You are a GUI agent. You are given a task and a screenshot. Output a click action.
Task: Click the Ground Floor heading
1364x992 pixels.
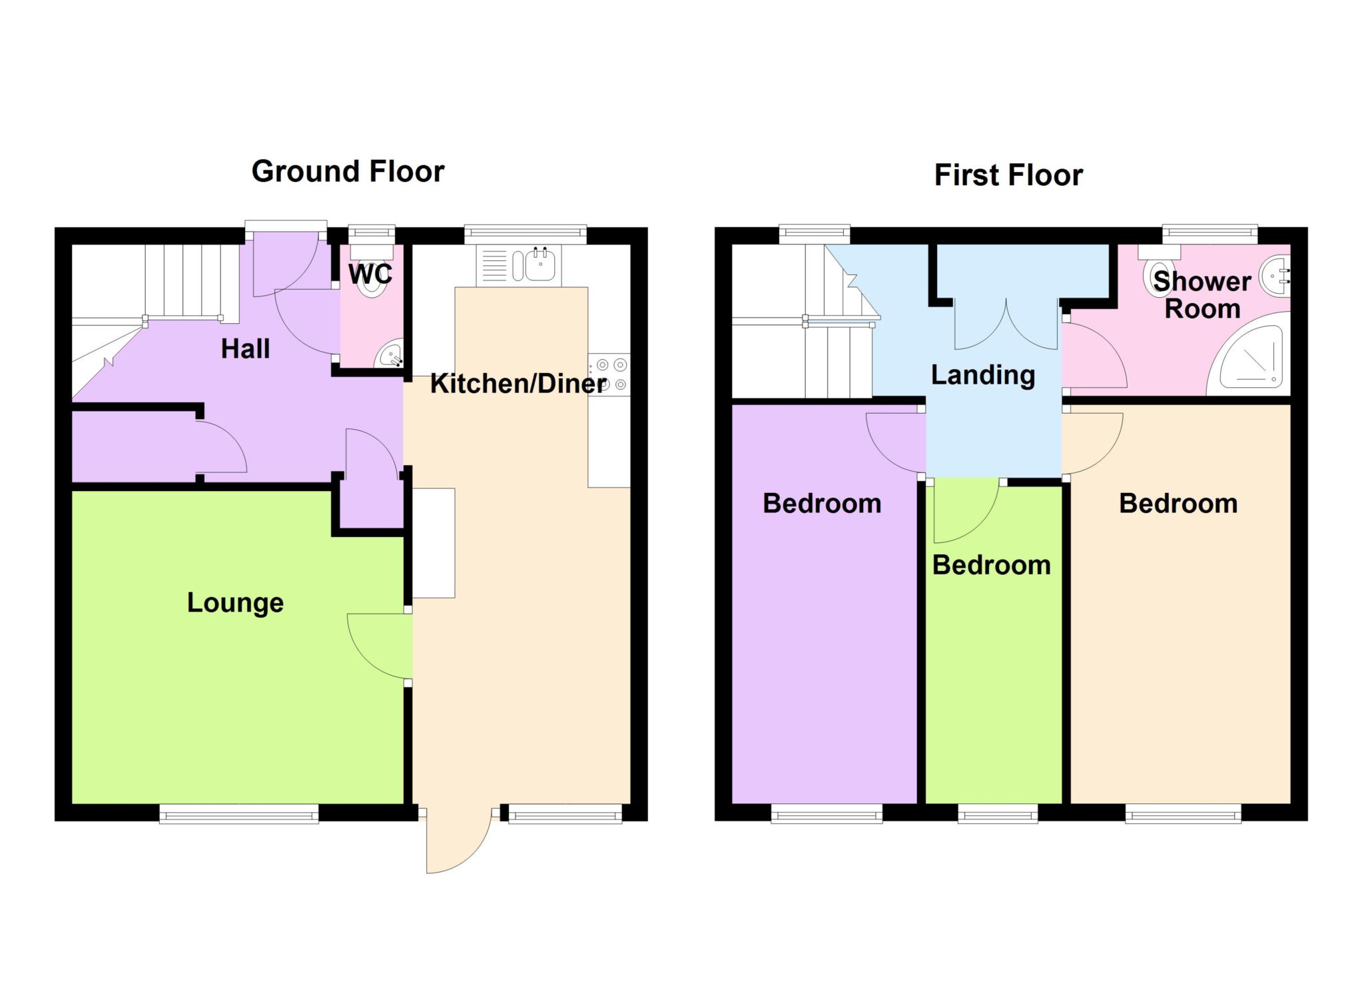pos(348,172)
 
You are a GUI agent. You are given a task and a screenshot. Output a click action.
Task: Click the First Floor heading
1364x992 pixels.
pos(1008,175)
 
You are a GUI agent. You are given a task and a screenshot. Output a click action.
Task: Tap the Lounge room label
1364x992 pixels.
pos(235,603)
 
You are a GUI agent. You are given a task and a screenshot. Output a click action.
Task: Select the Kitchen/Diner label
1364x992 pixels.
pos(518,384)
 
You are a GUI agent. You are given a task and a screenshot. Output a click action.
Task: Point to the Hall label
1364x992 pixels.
pos(245,349)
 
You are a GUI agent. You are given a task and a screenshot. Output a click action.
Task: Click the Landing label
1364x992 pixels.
pos(983,375)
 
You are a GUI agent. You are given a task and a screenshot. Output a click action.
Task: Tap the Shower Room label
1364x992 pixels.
pos(1202,295)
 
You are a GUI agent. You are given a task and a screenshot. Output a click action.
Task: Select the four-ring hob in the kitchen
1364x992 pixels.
pos(609,374)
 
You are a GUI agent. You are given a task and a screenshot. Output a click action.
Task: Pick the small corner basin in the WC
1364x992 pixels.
pos(390,354)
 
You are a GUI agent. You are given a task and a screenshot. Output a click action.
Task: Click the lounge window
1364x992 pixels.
pos(239,813)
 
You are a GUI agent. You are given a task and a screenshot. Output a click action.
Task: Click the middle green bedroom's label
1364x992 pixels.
pos(991,566)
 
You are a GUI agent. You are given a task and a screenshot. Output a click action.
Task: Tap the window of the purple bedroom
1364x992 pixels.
pos(827,813)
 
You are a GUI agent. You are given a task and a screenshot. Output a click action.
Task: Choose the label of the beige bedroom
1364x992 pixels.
pos(1178,504)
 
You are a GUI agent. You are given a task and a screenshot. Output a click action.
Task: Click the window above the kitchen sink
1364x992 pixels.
pos(525,233)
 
